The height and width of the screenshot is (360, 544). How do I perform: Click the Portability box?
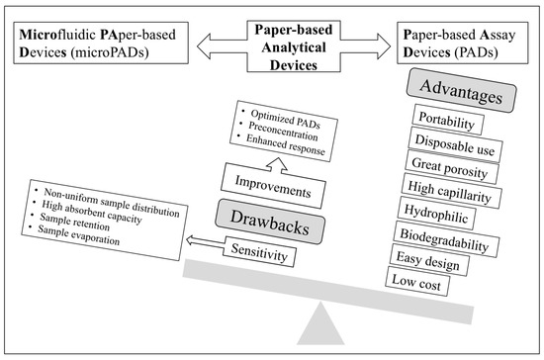pyautogui.click(x=448, y=120)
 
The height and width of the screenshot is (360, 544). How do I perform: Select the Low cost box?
pyautogui.click(x=417, y=281)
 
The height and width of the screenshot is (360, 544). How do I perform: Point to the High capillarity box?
pyautogui.click(x=451, y=191)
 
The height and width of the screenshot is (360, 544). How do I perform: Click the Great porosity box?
pyautogui.click(x=452, y=167)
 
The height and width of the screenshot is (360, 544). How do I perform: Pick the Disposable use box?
pyautogui.click(x=456, y=144)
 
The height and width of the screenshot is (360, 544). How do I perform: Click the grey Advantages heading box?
pyautogui.click(x=462, y=91)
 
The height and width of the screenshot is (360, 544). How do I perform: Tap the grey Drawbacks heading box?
pyautogui.click(x=270, y=222)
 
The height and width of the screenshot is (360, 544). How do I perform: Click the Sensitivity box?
pyautogui.click(x=259, y=252)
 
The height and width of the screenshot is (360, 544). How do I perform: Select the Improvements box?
pyautogui.click(x=273, y=186)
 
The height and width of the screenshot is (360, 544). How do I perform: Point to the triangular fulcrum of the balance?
pyautogui.click(x=320, y=323)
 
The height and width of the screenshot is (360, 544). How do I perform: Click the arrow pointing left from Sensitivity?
pyautogui.click(x=206, y=241)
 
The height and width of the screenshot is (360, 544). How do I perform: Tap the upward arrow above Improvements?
pyautogui.click(x=278, y=165)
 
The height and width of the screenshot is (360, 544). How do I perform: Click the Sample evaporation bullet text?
pyautogui.click(x=79, y=234)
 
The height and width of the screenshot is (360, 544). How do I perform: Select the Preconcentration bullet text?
pyautogui.click(x=283, y=132)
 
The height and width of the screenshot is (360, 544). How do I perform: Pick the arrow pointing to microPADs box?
pyautogui.click(x=222, y=46)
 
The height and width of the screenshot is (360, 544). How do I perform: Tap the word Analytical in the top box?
pyautogui.click(x=294, y=47)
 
